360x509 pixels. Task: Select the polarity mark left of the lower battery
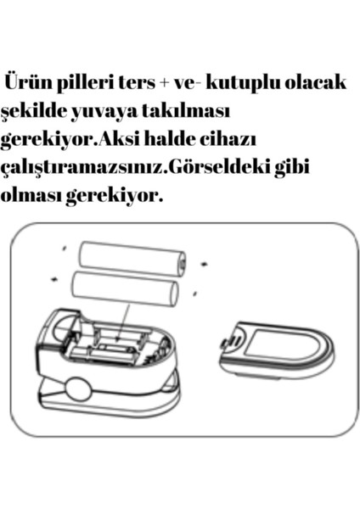[x=56, y=277]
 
